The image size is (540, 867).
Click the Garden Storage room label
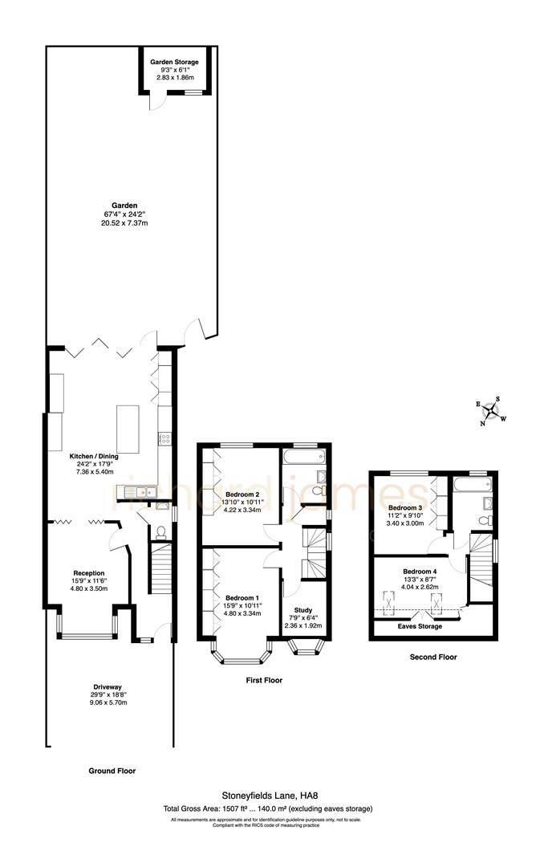coord(174,62)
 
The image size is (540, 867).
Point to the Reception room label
coord(89,573)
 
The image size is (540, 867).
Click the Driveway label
coord(108,687)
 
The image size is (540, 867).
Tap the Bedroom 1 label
coord(242,598)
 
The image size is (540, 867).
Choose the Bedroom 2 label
coord(242,494)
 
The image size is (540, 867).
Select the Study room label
coord(303,610)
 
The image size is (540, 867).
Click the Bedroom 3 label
coord(404,508)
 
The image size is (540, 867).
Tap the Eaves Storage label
coord(420,626)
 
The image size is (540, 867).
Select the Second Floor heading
coord(432,657)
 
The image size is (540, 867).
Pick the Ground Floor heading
coord(112,771)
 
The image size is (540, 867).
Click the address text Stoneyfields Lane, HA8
coord(270,796)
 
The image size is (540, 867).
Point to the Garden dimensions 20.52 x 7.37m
coord(124,223)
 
